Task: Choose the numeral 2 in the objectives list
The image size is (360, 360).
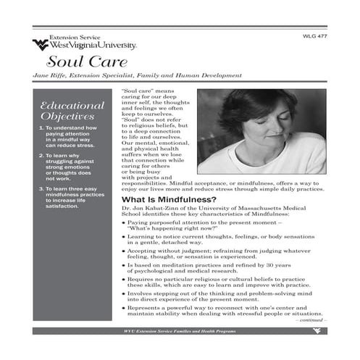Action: pos(40,155)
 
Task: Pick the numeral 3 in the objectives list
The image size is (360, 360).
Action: pos(40,188)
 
